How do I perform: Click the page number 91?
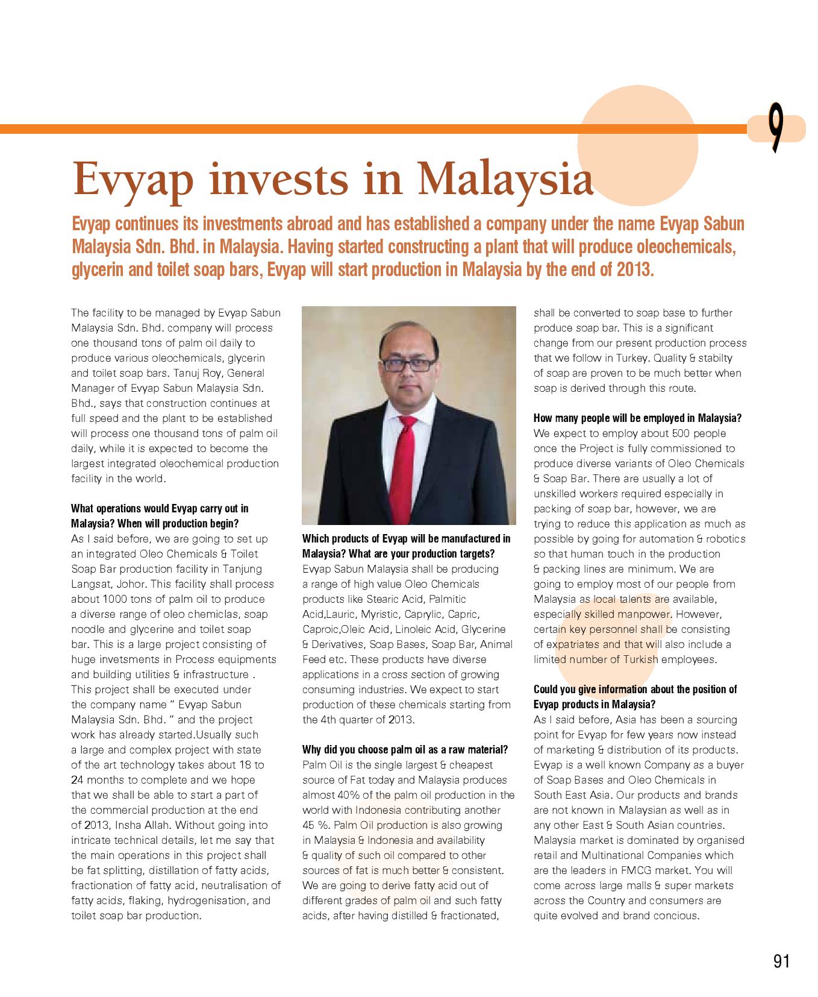click(781, 961)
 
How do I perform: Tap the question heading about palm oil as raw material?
click(405, 750)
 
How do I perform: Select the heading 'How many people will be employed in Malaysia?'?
click(637, 418)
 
